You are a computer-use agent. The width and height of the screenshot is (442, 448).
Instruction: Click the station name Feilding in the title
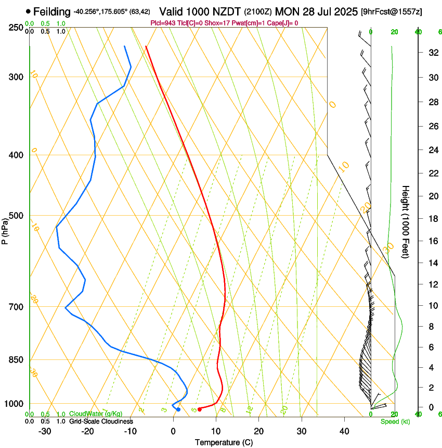pyautogui.click(x=52, y=11)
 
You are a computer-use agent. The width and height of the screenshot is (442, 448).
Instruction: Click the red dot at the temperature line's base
pyautogui.click(x=200, y=409)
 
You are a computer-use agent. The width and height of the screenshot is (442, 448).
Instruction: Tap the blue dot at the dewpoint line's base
pyautogui.click(x=178, y=409)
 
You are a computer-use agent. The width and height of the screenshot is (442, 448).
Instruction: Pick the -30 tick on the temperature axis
pyautogui.click(x=45, y=431)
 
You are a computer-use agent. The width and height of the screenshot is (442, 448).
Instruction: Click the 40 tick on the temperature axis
pyautogui.click(x=344, y=431)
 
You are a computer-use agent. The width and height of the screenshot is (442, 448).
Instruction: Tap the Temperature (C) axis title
pyautogui.click(x=224, y=442)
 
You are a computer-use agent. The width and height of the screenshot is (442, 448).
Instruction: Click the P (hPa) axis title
pyautogui.click(x=5, y=230)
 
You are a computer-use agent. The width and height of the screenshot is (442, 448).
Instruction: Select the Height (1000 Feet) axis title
pyautogui.click(x=406, y=222)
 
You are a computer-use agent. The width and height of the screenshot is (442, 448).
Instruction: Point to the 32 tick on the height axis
pyautogui.click(x=432, y=53)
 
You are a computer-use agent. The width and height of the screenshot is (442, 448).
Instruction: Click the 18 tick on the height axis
pyautogui.click(x=432, y=219)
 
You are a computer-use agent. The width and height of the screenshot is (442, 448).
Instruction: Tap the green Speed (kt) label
pyautogui.click(x=395, y=421)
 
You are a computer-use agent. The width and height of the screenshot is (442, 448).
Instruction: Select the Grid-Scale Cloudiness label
pyautogui.click(x=101, y=421)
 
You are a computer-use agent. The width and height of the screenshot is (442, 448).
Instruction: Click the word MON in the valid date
pyautogui.click(x=286, y=11)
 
